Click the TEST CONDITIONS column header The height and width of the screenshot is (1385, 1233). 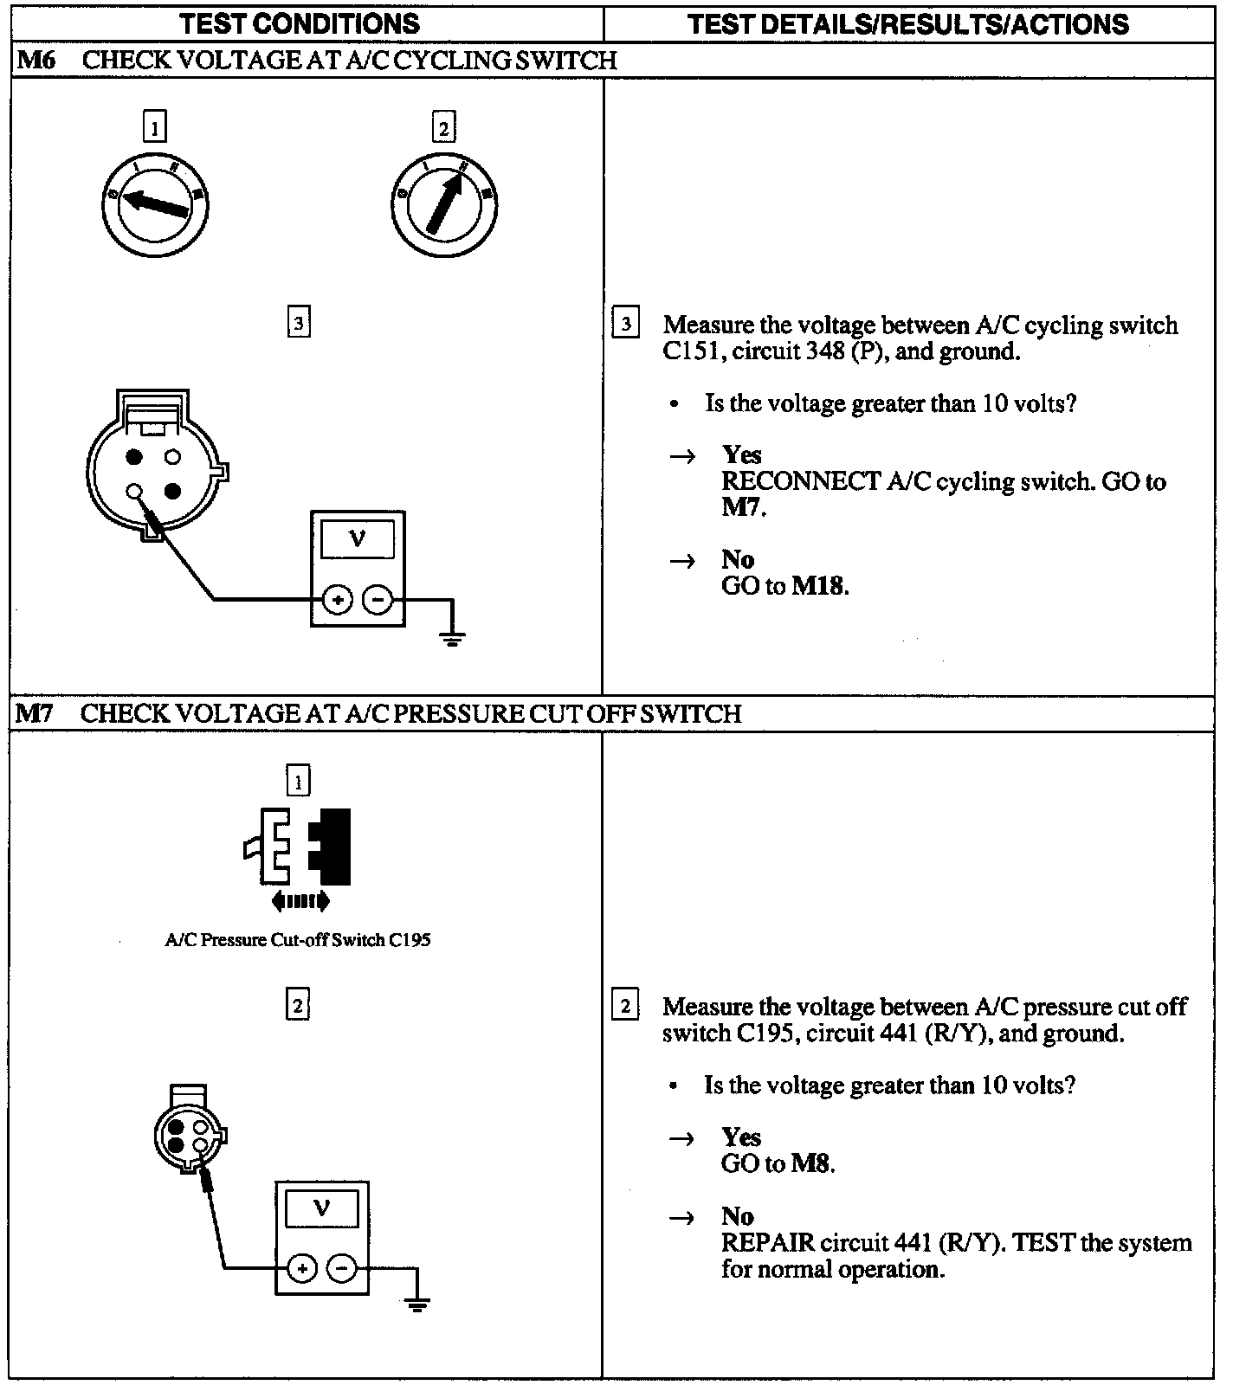[300, 23]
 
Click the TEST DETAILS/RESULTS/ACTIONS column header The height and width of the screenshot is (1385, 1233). [908, 23]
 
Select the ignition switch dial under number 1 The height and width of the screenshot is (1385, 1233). [154, 203]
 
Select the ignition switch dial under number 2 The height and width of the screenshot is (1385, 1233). [443, 203]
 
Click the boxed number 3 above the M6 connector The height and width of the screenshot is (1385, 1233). [298, 323]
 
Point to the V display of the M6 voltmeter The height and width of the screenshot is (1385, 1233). [357, 541]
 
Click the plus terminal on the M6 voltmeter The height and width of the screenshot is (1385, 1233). [337, 599]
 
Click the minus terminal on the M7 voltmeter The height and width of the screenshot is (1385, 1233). [343, 1269]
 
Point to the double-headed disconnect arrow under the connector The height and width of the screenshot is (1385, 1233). [300, 901]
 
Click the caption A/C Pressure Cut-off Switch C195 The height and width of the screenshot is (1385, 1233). [298, 940]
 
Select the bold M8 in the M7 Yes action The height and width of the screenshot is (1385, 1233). [812, 1164]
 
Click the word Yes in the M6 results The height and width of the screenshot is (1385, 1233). [742, 455]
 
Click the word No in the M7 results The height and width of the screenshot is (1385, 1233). [738, 1216]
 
